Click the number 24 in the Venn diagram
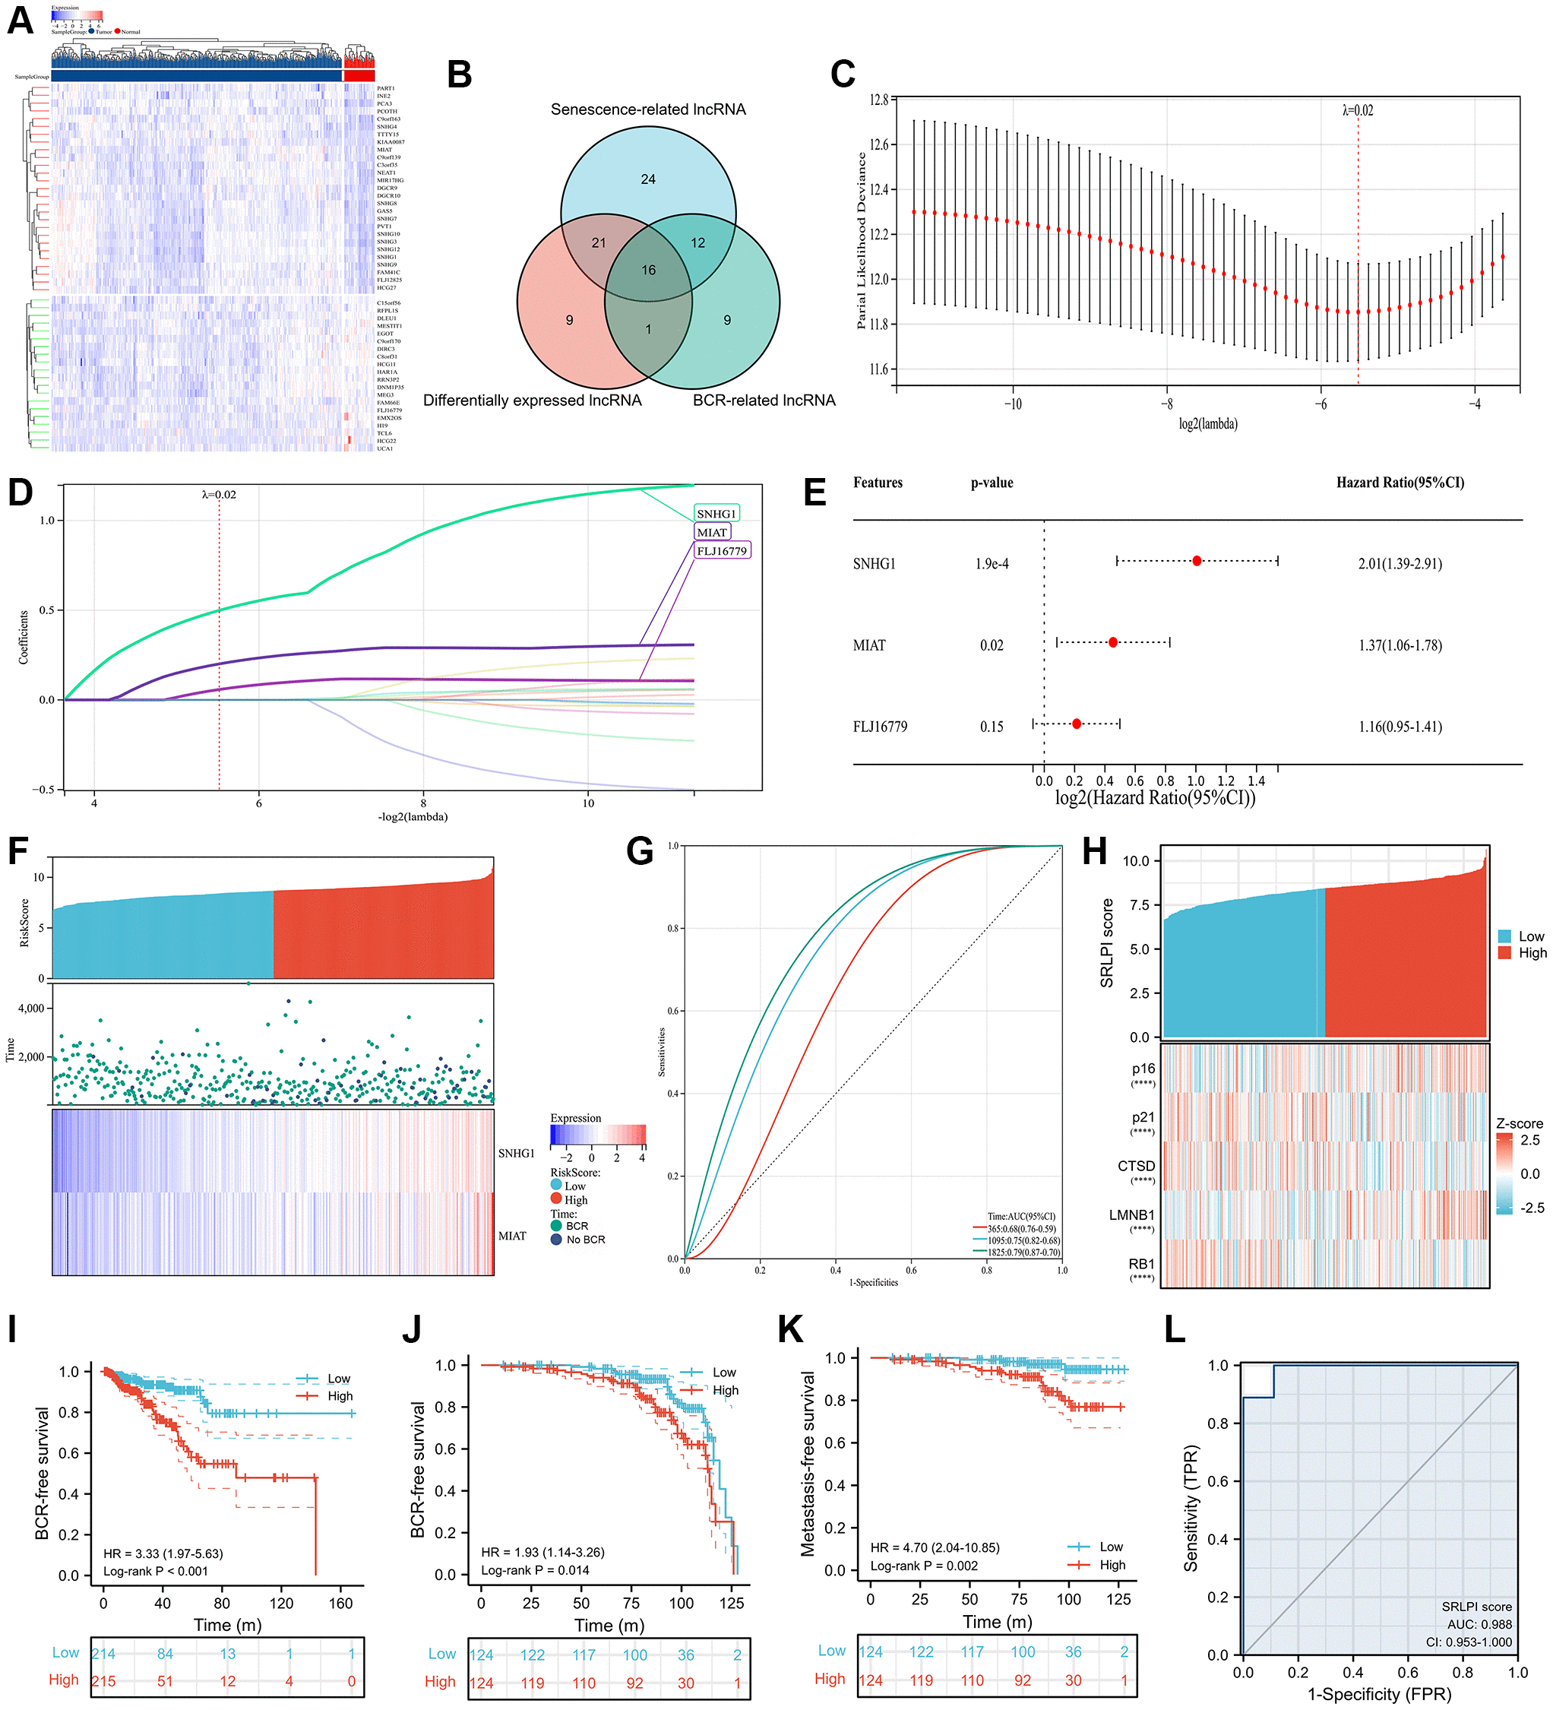(x=648, y=179)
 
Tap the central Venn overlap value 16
(x=649, y=270)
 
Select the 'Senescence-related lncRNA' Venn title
(x=648, y=109)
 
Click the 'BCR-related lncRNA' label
(x=764, y=401)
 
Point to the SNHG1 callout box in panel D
(x=716, y=513)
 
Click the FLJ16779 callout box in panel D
(x=722, y=550)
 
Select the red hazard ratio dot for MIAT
(x=1113, y=642)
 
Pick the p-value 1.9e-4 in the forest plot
(x=992, y=564)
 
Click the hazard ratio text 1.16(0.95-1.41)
(x=1400, y=727)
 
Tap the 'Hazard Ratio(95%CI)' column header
(x=1400, y=483)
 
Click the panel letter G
(x=640, y=850)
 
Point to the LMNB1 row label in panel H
(x=1131, y=1214)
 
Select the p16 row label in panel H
(x=1143, y=1069)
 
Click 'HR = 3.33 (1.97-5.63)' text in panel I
(x=163, y=1554)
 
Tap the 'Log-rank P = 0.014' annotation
(x=535, y=1570)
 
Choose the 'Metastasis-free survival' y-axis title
(x=808, y=1463)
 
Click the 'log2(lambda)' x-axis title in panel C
(x=1207, y=423)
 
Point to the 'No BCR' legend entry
(x=584, y=1240)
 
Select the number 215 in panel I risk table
(x=103, y=1680)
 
